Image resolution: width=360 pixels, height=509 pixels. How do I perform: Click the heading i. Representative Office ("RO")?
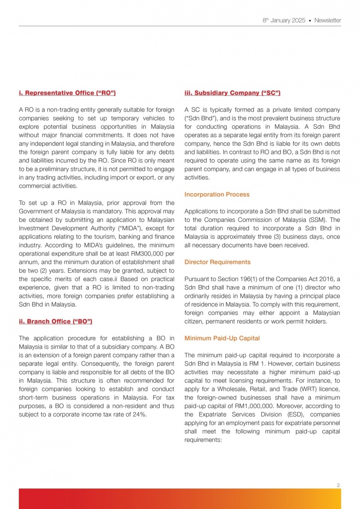click(67, 93)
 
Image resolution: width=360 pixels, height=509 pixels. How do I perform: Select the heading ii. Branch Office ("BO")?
click(56, 322)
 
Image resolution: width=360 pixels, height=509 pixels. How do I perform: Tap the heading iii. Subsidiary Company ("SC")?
click(233, 93)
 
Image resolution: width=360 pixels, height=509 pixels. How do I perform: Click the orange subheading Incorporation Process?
click(217, 195)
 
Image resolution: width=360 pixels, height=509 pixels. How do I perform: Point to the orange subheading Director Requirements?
click(217, 262)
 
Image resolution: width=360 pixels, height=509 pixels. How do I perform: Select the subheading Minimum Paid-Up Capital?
click(222, 338)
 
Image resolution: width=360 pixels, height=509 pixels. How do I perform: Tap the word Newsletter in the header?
click(327, 21)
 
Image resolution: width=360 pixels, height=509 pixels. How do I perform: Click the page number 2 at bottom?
click(338, 485)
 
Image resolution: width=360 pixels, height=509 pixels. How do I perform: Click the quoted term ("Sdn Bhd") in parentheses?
click(200, 118)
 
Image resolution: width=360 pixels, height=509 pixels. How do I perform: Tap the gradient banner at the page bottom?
click(179, 499)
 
